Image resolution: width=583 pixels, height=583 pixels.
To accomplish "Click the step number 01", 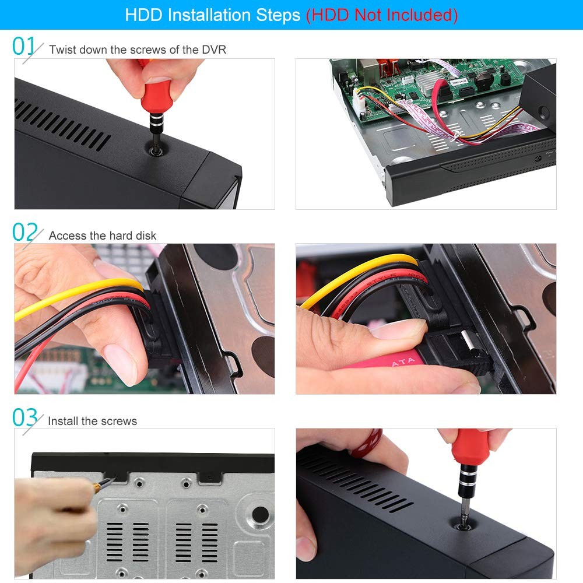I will point(24,46).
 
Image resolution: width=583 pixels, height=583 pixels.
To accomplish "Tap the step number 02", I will point(25,233).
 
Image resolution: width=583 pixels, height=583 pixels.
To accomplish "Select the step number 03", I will point(25,418).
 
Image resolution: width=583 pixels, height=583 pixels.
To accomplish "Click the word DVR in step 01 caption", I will point(214,50).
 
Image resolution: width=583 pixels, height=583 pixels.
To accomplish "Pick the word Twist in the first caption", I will point(62,50).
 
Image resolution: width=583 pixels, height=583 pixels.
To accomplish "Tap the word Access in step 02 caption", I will point(66,236).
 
